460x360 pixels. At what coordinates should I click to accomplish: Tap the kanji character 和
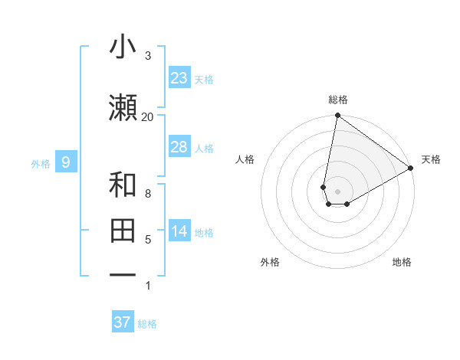pos(123,185)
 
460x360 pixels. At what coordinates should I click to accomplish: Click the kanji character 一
pos(123,274)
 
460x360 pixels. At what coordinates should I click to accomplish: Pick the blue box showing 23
pos(179,78)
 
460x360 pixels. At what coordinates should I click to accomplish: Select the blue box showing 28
pos(179,147)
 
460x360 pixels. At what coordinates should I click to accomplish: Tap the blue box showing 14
pos(179,231)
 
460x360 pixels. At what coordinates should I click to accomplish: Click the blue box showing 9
pos(66,162)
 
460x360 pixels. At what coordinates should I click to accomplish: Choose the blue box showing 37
pos(123,322)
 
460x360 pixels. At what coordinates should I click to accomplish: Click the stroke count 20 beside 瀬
pos(147,116)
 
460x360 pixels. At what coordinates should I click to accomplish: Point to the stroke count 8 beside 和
pos(147,193)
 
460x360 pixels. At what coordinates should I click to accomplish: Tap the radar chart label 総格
pos(338,100)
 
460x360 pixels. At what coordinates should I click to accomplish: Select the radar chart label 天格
pos(431,159)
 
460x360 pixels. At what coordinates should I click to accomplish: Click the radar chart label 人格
pos(245,159)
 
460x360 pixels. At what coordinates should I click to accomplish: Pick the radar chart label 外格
pos(269,262)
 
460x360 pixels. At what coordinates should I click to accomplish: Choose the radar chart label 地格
pos(402,262)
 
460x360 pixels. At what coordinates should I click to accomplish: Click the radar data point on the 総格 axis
pos(337,116)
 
